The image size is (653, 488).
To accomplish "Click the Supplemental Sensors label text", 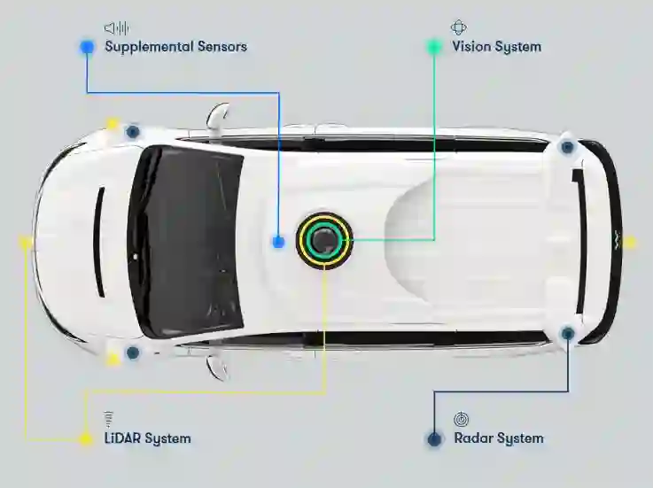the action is [175, 47].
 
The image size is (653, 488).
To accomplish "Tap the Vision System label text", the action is [496, 47].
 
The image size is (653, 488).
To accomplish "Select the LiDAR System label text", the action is [147, 438].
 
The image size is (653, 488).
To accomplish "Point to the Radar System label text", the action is [498, 438].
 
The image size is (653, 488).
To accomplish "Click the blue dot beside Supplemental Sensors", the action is [87, 47].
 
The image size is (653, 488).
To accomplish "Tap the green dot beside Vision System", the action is [434, 47].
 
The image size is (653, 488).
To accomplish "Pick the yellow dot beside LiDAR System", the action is [85, 438].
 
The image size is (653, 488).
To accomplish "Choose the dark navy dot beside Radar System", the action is [434, 438].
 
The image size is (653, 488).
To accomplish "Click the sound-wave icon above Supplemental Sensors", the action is [116, 27].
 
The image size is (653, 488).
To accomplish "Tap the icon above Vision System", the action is [458, 27].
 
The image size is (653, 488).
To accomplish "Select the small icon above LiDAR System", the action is [109, 418].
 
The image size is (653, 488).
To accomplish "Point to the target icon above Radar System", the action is [461, 418].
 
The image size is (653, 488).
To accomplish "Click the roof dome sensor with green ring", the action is [324, 240].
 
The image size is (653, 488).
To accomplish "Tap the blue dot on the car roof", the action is [278, 241].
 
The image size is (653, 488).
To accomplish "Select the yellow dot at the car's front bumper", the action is [25, 241].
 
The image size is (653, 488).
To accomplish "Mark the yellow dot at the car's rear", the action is [629, 241].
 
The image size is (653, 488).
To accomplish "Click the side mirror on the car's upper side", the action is [218, 116].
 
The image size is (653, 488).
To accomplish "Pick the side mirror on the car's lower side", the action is [218, 365].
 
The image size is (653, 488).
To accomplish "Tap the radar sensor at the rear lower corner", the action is [568, 333].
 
